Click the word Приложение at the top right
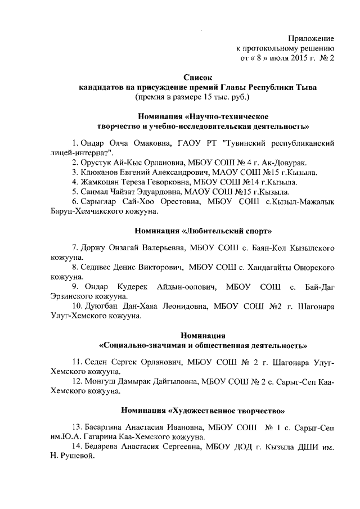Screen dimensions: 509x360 click(311, 38)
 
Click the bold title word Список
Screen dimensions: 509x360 click(198, 77)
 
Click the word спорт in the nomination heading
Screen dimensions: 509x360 click(258, 231)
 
